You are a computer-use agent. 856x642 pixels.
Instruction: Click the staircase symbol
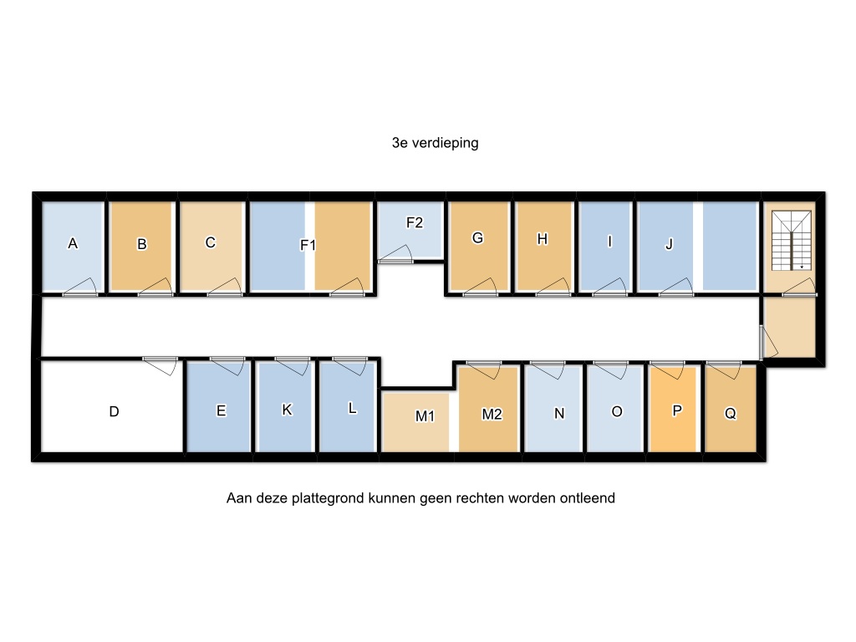point(791,241)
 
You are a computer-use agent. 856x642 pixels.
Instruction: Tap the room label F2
point(415,222)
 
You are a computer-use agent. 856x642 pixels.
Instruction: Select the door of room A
point(79,288)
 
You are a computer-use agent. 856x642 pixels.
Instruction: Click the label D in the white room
point(114,411)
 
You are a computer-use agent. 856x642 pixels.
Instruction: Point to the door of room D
point(160,366)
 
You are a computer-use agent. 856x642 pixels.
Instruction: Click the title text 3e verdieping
point(435,143)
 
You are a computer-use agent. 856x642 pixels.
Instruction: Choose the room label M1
point(425,416)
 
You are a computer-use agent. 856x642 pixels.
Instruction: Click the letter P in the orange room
point(677,410)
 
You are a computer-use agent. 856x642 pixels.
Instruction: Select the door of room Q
point(723,369)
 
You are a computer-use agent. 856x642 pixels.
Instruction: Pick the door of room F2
point(395,253)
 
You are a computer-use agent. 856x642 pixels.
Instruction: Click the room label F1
point(308,245)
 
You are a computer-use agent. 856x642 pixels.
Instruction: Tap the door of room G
point(481,288)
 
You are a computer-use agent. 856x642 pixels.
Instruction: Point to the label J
point(669,244)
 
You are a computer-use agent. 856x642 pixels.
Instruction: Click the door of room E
point(227,366)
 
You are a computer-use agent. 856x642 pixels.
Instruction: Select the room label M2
point(492,415)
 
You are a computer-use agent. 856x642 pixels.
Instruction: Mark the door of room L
point(350,366)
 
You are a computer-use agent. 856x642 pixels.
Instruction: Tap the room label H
point(542,239)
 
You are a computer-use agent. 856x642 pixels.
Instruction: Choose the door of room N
point(548,369)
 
